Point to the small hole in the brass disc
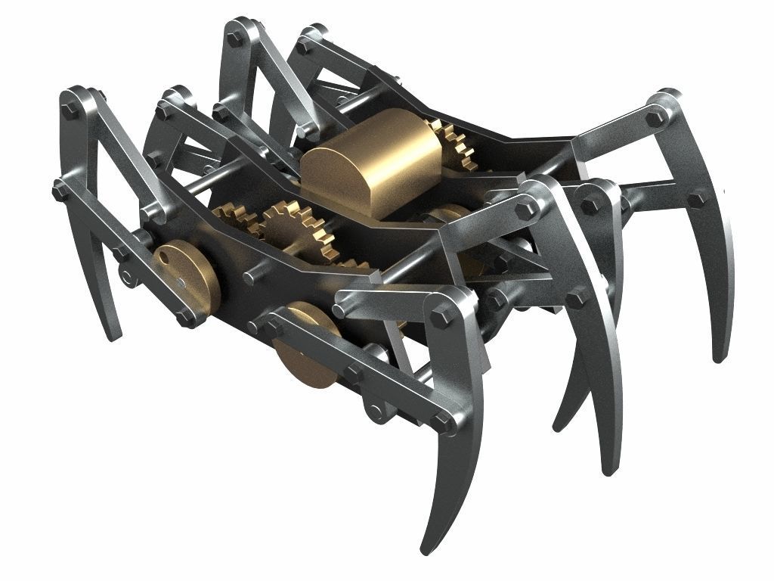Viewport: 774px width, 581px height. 165,257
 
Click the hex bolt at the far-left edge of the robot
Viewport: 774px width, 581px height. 58,189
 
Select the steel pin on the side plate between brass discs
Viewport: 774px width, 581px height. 249,278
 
